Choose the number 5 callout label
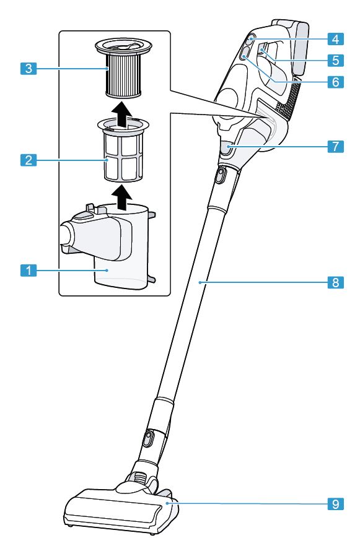pyautogui.click(x=335, y=61)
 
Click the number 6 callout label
pyautogui.click(x=335, y=81)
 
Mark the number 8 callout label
pyautogui.click(x=335, y=282)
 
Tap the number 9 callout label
pyautogui.click(x=335, y=504)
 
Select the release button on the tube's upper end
pyautogui.click(x=219, y=177)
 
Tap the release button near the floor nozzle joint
pyautogui.click(x=147, y=440)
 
